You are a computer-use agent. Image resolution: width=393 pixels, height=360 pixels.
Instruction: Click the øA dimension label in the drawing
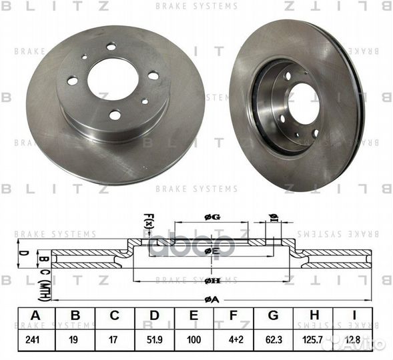[212, 300]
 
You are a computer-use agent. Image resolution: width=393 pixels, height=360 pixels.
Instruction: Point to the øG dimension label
[212, 217]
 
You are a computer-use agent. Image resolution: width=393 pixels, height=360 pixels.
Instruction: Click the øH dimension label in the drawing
[212, 280]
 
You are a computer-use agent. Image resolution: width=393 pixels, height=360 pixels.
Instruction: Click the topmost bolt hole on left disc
[111, 46]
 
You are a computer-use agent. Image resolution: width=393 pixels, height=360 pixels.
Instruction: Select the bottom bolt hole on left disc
[115, 115]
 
